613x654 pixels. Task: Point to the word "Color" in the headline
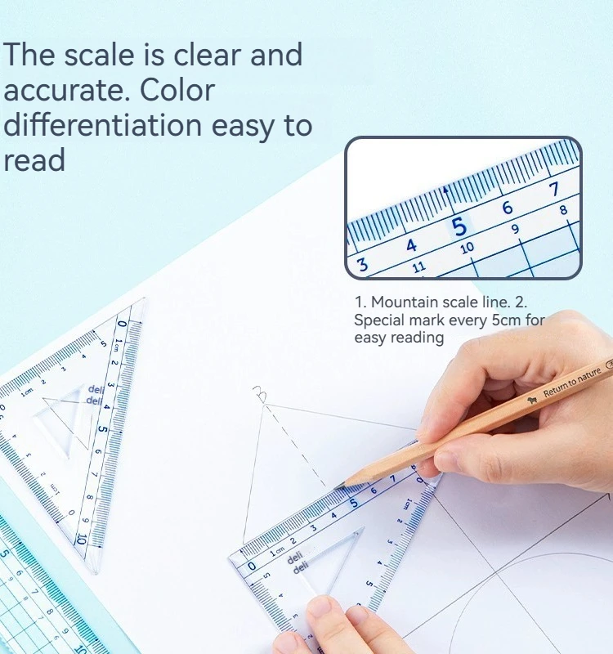(x=179, y=91)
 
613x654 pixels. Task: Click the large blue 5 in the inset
(x=459, y=226)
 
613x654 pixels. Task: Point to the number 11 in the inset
(x=419, y=267)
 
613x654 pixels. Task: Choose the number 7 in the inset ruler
(x=555, y=190)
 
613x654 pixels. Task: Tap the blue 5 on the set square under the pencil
(x=353, y=503)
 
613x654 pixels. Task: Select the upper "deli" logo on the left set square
(x=96, y=389)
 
